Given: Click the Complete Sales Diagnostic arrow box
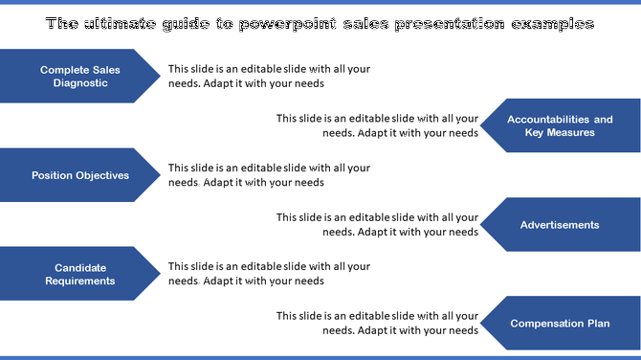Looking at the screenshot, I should (x=80, y=77).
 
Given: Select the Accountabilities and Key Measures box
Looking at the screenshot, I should (x=560, y=125).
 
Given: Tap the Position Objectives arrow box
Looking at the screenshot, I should (x=80, y=175).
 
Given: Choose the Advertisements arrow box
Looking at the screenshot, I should (x=560, y=225).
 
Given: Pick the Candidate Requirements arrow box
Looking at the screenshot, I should (x=80, y=274).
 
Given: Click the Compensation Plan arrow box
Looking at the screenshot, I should (x=560, y=324).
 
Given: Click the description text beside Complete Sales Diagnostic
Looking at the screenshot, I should (x=269, y=77).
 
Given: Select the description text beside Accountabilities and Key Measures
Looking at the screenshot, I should (x=377, y=125).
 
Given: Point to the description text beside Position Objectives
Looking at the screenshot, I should (x=269, y=175).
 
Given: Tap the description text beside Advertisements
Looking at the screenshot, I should (x=377, y=225).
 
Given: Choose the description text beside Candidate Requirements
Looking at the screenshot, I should (x=269, y=274).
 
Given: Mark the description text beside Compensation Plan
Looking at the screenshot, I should (x=377, y=324).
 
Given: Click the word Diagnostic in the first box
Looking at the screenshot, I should (x=80, y=83).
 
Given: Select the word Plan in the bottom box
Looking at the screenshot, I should (x=597, y=324).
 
